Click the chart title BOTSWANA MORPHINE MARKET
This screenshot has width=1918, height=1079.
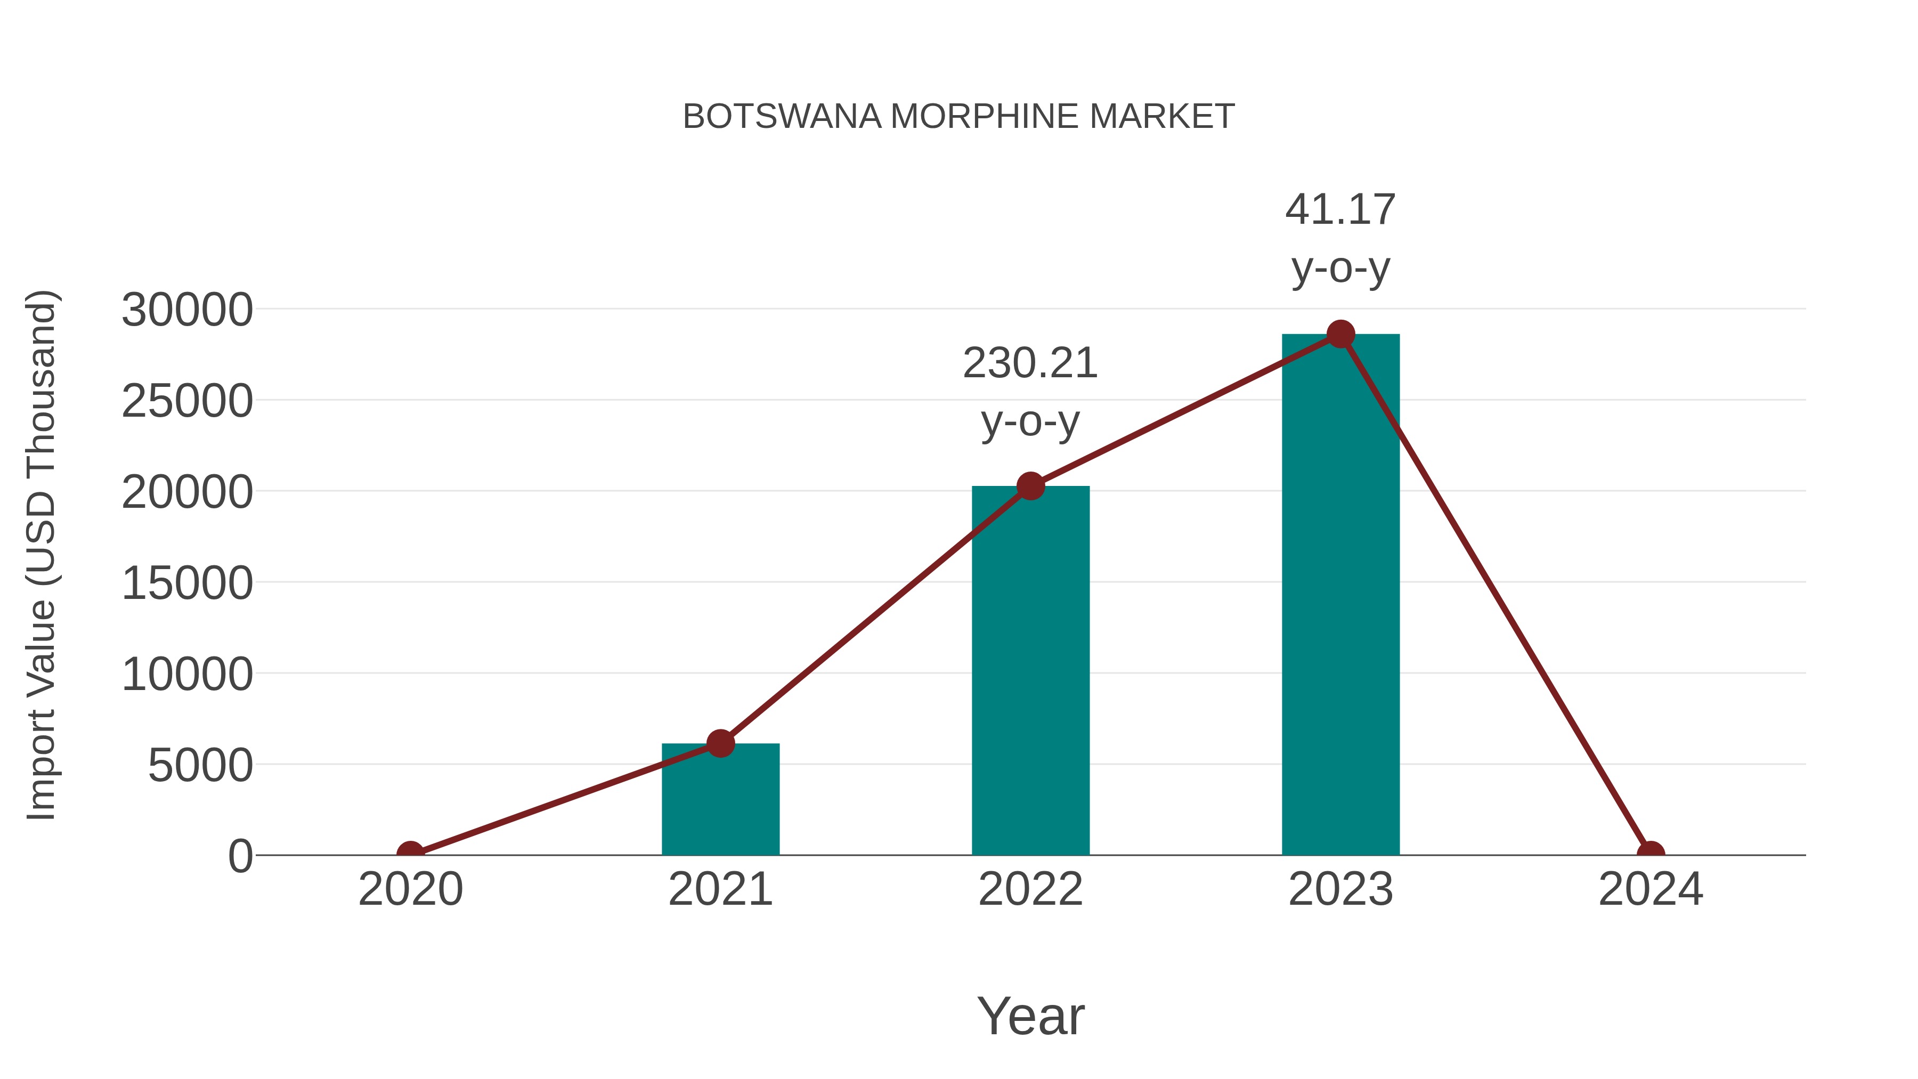[958, 117]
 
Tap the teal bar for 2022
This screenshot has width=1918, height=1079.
[1030, 670]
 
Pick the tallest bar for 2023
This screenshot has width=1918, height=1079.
[1340, 596]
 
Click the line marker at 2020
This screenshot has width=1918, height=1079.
[410, 854]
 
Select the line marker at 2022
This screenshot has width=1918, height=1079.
[1030, 486]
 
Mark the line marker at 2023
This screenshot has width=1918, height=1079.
[1340, 334]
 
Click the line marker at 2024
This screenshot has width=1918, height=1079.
[1651, 854]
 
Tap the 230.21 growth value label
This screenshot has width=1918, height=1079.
[1030, 363]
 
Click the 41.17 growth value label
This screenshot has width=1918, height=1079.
[1340, 209]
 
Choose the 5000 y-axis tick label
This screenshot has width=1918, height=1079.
[200, 766]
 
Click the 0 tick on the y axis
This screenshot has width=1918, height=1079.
[240, 856]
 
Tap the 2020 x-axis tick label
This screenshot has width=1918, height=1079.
[410, 889]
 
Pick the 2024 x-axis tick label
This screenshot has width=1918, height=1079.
[1651, 889]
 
